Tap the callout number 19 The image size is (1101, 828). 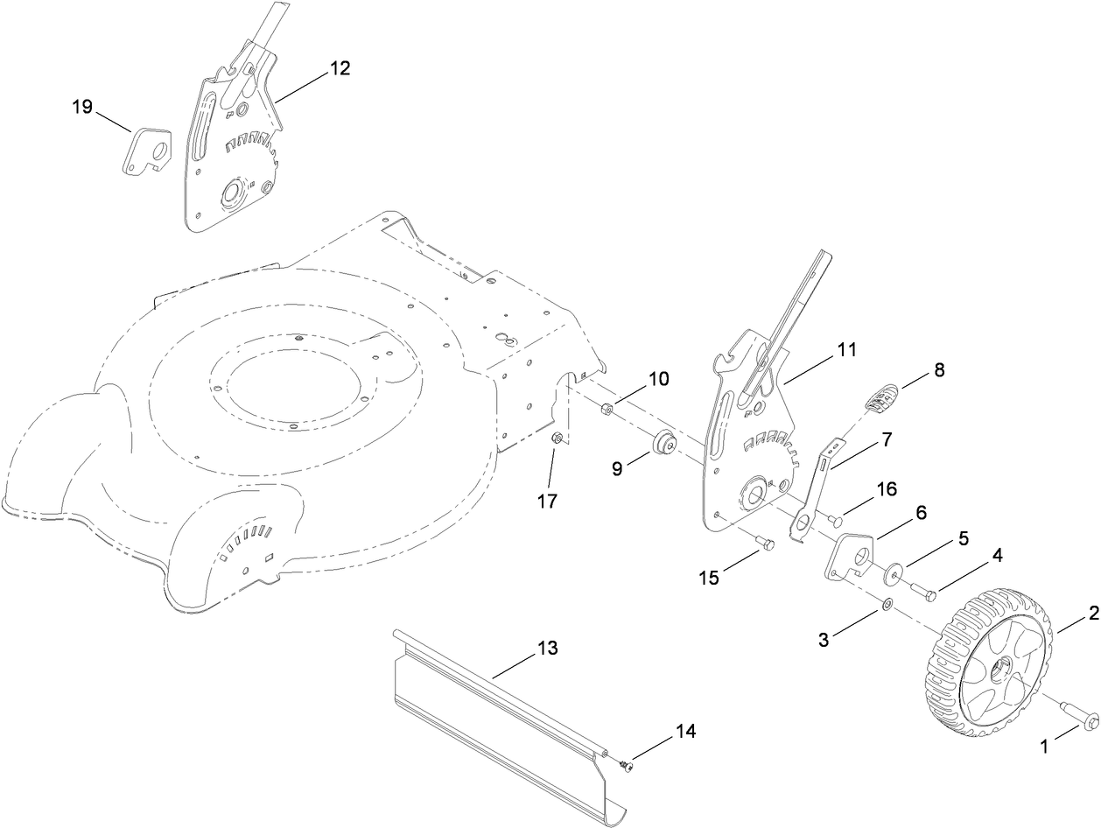[x=82, y=107]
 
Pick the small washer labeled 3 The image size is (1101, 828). [x=887, y=603]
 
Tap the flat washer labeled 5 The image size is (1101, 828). [x=891, y=573]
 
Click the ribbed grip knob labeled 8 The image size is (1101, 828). [x=881, y=399]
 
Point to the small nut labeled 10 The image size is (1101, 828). [x=605, y=408]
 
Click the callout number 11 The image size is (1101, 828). [x=846, y=349]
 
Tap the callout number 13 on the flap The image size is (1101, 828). [x=547, y=649]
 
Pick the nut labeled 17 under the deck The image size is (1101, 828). [x=555, y=439]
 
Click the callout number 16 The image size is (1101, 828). [x=887, y=489]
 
